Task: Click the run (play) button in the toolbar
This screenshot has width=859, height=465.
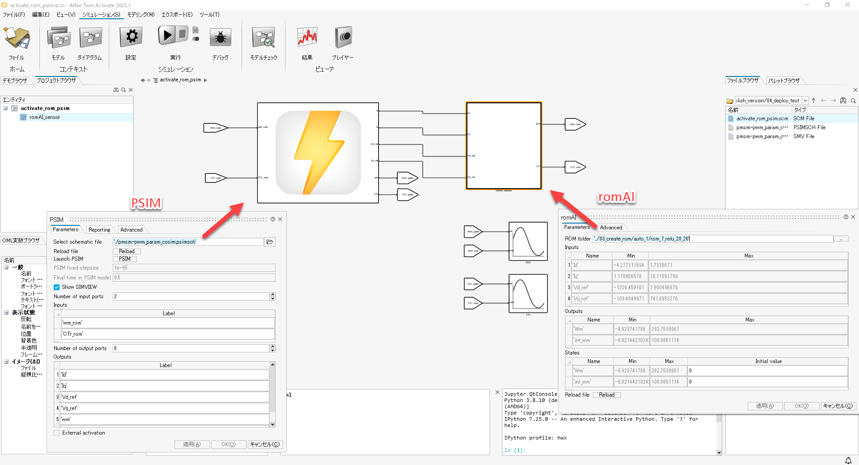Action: pyautogui.click(x=167, y=35)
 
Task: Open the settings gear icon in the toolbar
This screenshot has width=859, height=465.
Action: pyautogui.click(x=131, y=37)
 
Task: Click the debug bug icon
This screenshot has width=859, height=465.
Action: pyautogui.click(x=220, y=38)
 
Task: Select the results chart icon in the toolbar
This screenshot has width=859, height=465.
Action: pyautogui.click(x=307, y=37)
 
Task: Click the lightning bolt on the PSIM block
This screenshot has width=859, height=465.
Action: pyautogui.click(x=318, y=152)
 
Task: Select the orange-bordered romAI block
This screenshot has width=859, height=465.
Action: pyautogui.click(x=504, y=146)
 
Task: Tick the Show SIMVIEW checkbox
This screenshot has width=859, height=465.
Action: pyautogui.click(x=57, y=287)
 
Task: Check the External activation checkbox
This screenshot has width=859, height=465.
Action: pyautogui.click(x=57, y=433)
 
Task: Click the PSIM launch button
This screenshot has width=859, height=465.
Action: pyautogui.click(x=125, y=259)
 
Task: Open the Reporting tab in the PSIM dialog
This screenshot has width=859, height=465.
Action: pyautogui.click(x=99, y=230)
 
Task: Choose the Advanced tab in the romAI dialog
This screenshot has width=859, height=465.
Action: pyautogui.click(x=611, y=228)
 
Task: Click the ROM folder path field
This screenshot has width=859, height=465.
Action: pyautogui.click(x=713, y=239)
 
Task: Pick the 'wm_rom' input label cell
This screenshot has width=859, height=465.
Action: pyautogui.click(x=168, y=323)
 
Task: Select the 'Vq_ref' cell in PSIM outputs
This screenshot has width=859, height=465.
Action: pyautogui.click(x=164, y=408)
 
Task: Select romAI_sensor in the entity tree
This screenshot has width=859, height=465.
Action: pyautogui.click(x=45, y=117)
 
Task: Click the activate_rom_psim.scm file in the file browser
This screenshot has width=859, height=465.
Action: pyautogui.click(x=762, y=118)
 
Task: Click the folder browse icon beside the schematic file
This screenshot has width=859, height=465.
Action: pyautogui.click(x=270, y=242)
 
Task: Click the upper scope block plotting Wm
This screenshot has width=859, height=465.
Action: pyautogui.click(x=528, y=241)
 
